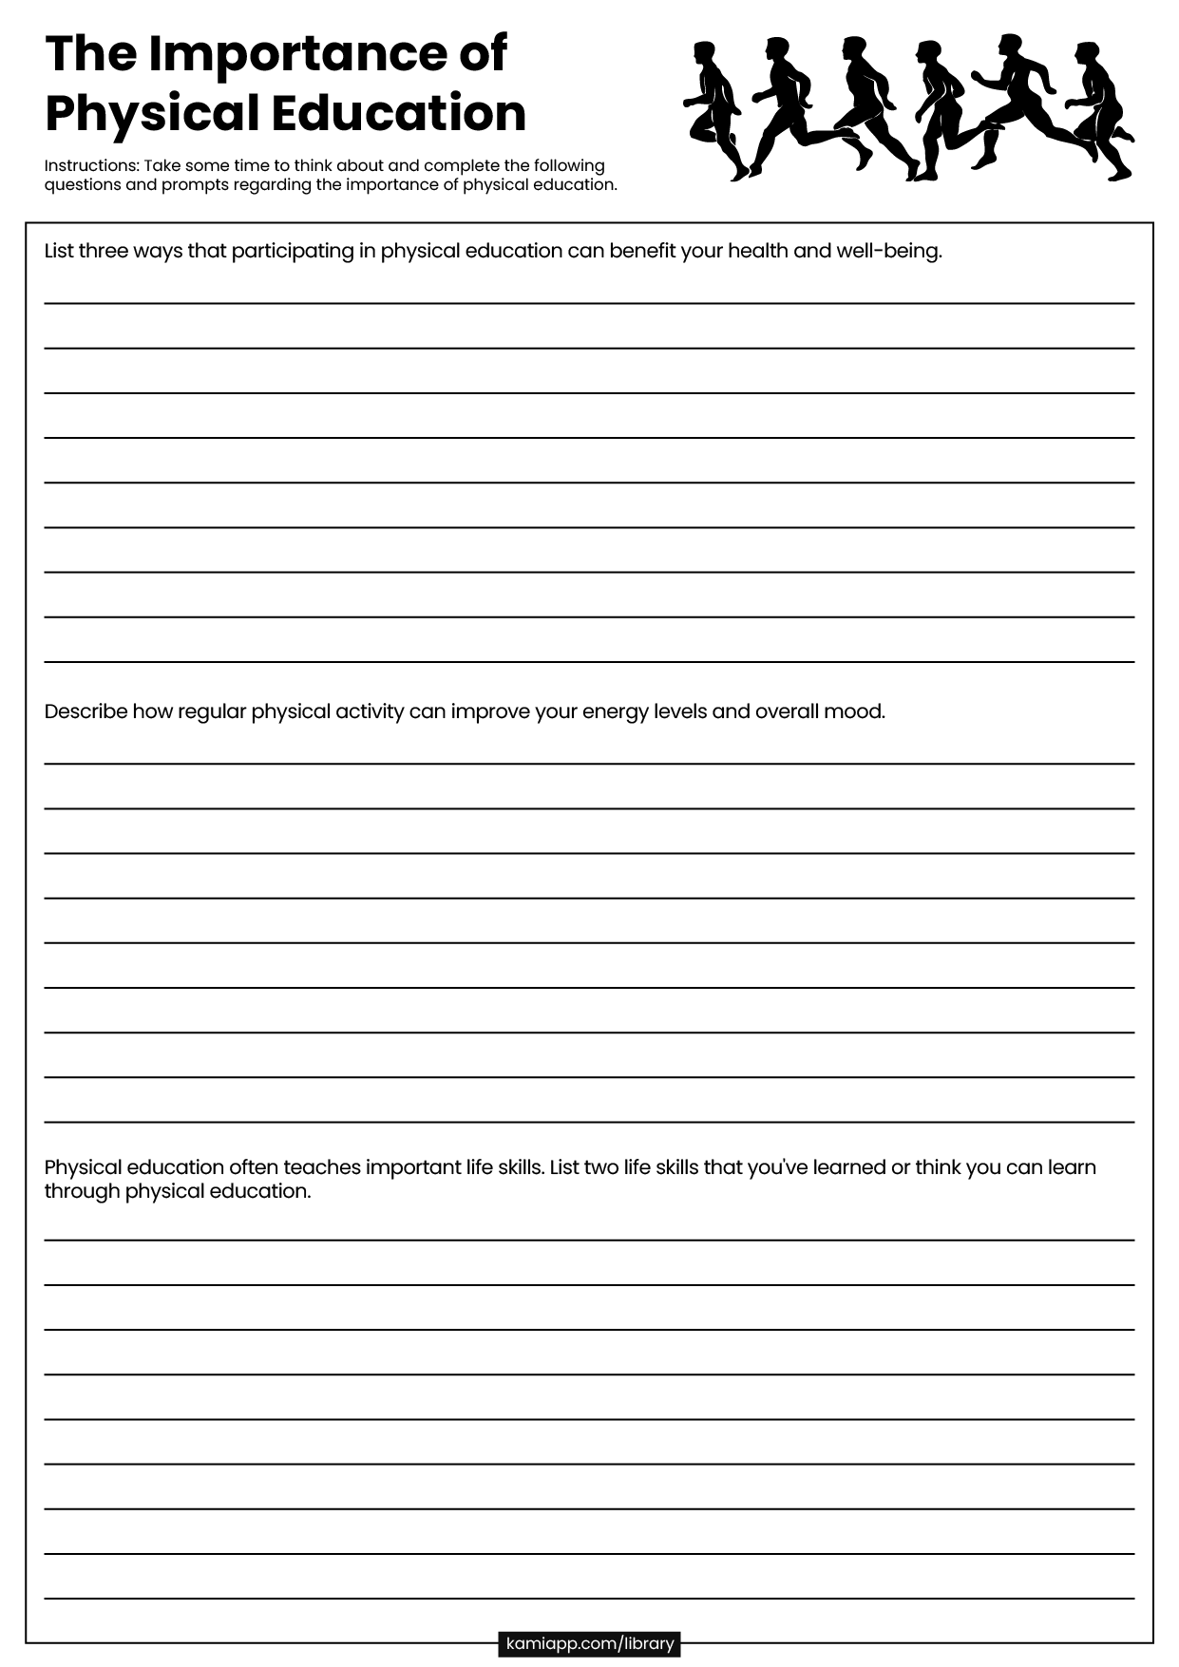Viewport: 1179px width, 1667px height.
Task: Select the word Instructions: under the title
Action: pyautogui.click(x=91, y=165)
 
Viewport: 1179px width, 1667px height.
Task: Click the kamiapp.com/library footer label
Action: pyautogui.click(x=589, y=1643)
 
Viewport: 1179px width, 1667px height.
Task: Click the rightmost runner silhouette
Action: pyautogui.click(x=1102, y=109)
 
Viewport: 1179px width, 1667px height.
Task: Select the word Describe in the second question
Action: pyautogui.click(x=86, y=711)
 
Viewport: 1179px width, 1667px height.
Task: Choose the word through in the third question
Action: pyautogui.click(x=82, y=1191)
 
